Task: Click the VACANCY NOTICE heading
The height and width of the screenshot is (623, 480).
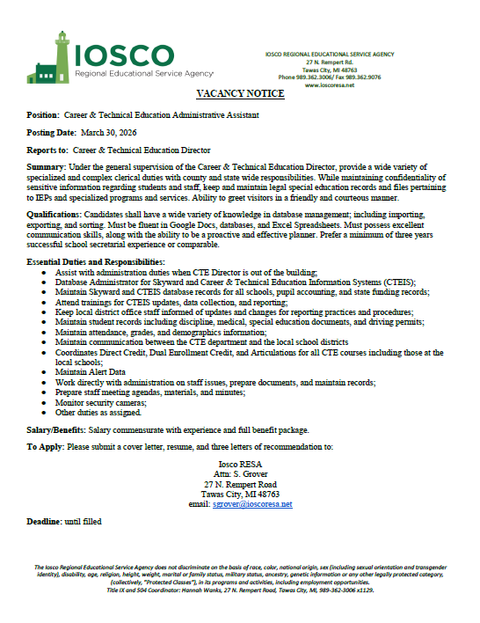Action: [x=240, y=93]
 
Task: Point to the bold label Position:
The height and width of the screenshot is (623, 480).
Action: [x=42, y=115]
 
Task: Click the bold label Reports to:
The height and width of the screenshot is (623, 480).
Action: [x=47, y=150]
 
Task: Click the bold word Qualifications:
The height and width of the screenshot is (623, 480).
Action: [x=58, y=214]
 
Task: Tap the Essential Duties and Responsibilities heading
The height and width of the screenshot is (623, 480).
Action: [x=95, y=263]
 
